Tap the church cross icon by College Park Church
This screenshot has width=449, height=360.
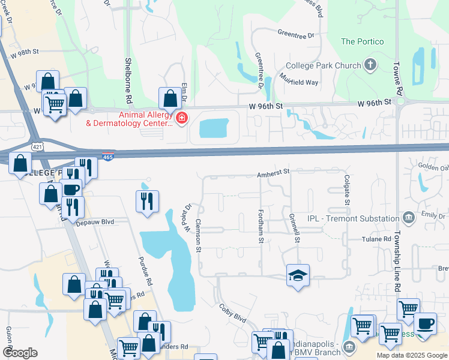pyautogui.click(x=370, y=65)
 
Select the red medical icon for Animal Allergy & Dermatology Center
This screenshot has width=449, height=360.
pyautogui.click(x=181, y=119)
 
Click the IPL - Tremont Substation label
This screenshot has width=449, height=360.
pyautogui.click(x=353, y=218)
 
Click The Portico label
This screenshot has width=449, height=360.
pyautogui.click(x=361, y=41)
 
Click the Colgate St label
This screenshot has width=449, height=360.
pyautogui.click(x=347, y=189)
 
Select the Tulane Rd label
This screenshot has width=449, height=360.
pyautogui.click(x=376, y=239)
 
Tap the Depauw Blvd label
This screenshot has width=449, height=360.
pyautogui.click(x=95, y=221)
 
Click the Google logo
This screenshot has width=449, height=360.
pyautogui.click(x=20, y=352)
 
